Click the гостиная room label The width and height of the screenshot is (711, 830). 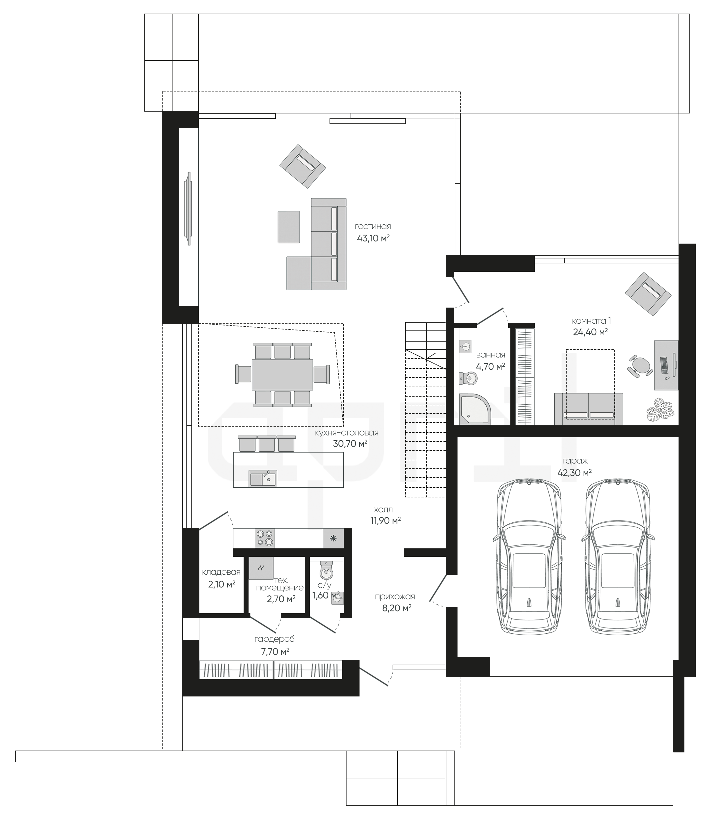(373, 227)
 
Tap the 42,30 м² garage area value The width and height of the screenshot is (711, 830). (574, 473)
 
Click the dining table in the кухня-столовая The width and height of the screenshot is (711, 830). (283, 375)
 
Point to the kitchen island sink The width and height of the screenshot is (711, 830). (263, 478)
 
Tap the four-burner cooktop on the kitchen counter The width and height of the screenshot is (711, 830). (265, 538)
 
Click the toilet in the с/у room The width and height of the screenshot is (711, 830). (326, 570)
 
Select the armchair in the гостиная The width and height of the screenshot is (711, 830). (302, 166)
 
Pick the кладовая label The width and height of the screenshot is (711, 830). (221, 572)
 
